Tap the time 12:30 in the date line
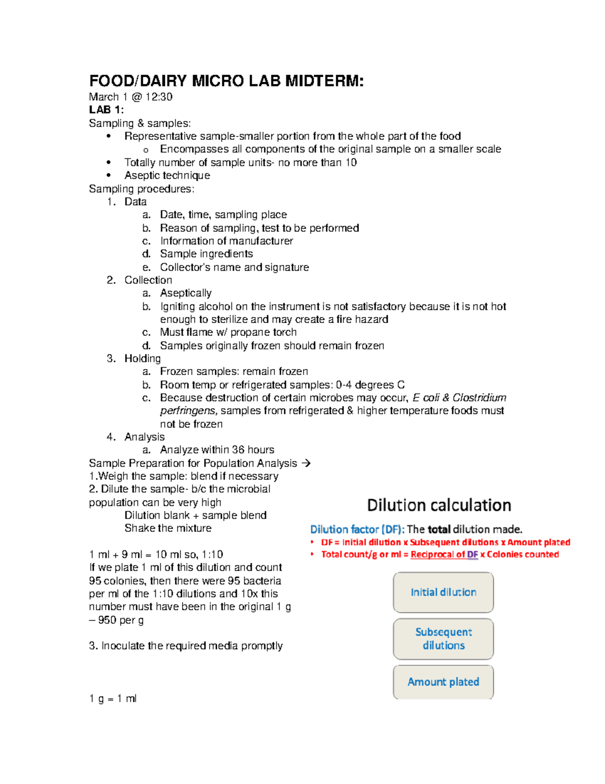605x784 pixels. pos(159,97)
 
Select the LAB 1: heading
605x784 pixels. pos(106,110)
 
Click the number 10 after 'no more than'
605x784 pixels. pos(351,163)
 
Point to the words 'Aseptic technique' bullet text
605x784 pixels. pos(167,176)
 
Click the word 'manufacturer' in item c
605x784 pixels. pos(262,241)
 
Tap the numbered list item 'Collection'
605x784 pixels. pos(148,280)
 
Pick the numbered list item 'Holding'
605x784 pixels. pos(142,358)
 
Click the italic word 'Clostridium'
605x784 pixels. pos(479,398)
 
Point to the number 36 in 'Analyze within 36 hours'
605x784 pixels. pos(238,450)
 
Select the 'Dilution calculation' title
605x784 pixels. pos(439,505)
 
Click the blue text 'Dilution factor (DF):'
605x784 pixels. pos(357,530)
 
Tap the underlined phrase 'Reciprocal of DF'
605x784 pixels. pos(444,554)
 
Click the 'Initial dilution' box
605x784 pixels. pos(443,593)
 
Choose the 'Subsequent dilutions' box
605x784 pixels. pos(443,639)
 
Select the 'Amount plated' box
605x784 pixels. pos(443,682)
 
